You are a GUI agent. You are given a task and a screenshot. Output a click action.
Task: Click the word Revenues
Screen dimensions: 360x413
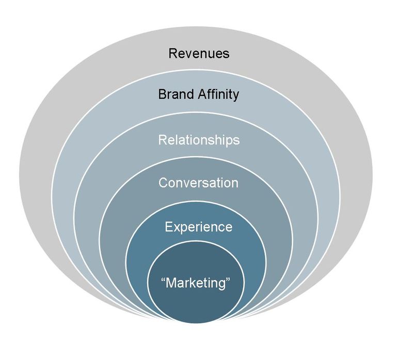click(x=199, y=53)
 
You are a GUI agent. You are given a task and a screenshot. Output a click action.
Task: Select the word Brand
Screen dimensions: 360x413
click(x=175, y=95)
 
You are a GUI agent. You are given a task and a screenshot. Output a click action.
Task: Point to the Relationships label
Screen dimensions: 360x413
click(x=199, y=140)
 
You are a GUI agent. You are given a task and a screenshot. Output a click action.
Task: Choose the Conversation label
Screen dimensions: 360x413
click(x=198, y=183)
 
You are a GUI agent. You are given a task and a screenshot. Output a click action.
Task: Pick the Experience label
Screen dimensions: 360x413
click(x=198, y=227)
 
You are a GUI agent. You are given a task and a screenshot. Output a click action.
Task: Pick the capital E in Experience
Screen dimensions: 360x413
click(x=168, y=227)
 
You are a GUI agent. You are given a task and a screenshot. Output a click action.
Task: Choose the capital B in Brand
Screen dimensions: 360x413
click(x=162, y=95)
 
